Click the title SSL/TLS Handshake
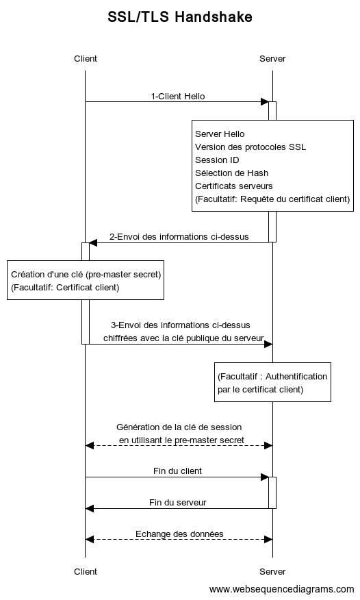179,17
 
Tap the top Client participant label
86,58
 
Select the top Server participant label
272,58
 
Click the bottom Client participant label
86,571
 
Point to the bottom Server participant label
272,571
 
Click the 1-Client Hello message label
178,96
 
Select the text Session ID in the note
217,160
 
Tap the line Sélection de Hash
231,173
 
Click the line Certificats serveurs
234,186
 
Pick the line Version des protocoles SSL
250,147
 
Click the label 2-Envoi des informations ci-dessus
179,236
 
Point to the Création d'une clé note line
86,275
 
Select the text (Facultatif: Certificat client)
65,288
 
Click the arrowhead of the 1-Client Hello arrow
264,102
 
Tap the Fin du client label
177,471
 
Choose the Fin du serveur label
178,502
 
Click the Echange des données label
179,534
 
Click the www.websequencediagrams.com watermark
282,589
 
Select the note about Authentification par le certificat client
272,382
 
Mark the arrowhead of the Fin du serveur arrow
90,508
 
